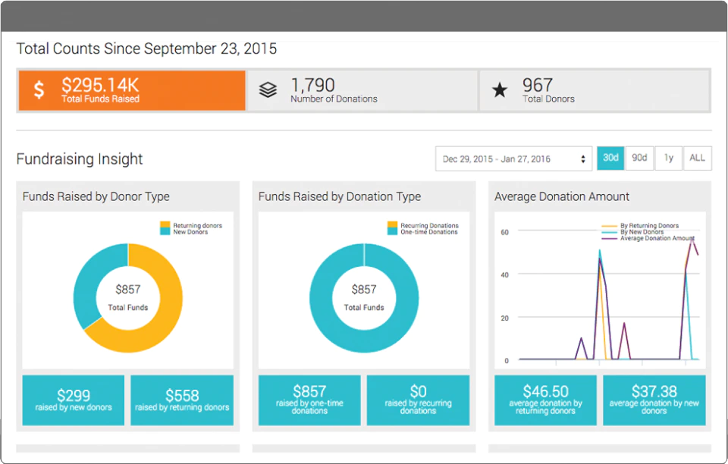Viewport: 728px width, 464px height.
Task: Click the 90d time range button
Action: click(639, 158)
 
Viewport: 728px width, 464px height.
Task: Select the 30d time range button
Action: click(610, 158)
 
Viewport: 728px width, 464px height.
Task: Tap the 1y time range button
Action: click(669, 158)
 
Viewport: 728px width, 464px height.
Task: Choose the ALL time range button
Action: click(698, 158)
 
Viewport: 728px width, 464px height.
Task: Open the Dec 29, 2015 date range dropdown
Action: click(513, 158)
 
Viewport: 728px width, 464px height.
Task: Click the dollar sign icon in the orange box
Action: click(39, 89)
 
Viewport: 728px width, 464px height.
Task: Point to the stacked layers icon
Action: click(268, 89)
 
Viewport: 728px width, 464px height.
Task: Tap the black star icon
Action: click(500, 89)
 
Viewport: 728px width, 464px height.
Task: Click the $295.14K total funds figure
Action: click(100, 86)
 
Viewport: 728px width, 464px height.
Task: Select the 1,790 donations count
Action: click(312, 85)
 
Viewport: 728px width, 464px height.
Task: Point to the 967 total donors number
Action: click(538, 85)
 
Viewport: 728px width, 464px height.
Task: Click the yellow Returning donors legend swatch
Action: click(165, 225)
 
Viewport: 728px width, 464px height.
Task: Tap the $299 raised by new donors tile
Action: click(74, 400)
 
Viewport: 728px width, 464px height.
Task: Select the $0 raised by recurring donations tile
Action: click(418, 400)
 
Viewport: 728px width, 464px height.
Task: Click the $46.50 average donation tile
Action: click(545, 400)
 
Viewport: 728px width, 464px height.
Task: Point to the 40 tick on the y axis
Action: click(505, 274)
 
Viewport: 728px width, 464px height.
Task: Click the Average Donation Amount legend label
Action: click(657, 238)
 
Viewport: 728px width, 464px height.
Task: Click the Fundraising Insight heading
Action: click(80, 158)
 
